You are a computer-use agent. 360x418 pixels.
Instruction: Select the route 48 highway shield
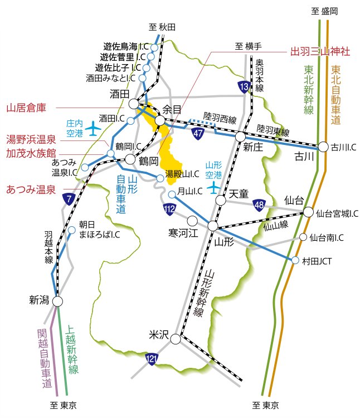point(259,205)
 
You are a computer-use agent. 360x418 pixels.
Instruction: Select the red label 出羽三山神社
point(320,51)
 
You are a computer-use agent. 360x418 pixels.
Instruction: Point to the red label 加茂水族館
point(31,153)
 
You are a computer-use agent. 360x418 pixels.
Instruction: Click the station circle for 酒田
point(134,104)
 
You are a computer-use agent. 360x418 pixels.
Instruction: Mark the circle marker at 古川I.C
point(323,147)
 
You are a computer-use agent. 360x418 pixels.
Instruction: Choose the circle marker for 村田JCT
point(296,260)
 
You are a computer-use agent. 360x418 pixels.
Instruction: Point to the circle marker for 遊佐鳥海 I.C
point(154,47)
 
